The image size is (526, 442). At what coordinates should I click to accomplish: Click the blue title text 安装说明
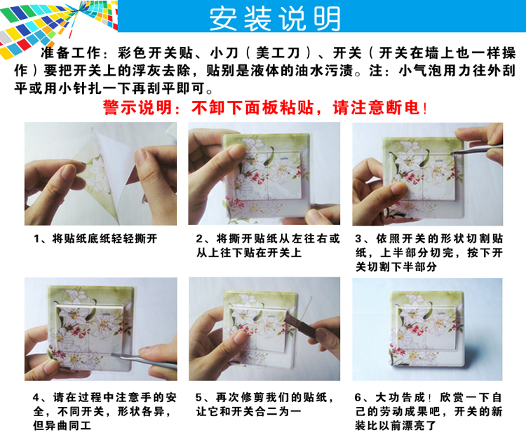click(275, 18)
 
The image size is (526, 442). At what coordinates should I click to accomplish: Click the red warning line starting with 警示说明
click(265, 108)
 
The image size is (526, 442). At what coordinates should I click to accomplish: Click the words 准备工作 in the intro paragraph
click(70, 53)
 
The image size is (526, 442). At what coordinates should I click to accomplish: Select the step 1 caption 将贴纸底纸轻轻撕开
click(104, 239)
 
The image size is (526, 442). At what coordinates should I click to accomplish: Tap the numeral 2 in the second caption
click(200, 239)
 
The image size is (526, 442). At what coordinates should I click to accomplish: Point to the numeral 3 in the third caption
click(358, 239)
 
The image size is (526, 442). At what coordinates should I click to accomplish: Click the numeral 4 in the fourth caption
click(36, 398)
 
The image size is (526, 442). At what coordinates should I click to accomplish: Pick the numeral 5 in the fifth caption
click(198, 398)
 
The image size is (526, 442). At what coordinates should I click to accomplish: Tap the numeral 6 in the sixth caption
click(358, 398)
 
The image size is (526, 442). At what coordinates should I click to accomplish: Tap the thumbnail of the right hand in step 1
click(141, 158)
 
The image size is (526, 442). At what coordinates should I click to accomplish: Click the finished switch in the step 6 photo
click(426, 329)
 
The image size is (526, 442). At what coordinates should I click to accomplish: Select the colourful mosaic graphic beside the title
click(59, 25)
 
